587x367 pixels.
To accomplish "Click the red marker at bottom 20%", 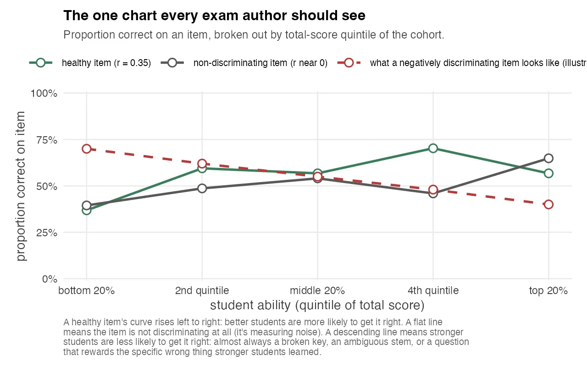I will [x=86, y=149].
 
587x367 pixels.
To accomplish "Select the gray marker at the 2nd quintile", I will [x=202, y=188].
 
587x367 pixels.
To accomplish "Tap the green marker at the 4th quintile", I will [x=433, y=148].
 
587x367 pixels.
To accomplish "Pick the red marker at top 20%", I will [x=548, y=204].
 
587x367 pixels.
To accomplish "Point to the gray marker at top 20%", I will [x=548, y=158].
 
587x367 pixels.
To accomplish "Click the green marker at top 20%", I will [x=548, y=173].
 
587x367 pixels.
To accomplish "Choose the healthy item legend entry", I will [x=106, y=63].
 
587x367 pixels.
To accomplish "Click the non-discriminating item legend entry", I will [x=260, y=63].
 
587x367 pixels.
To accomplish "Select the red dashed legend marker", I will [x=349, y=63].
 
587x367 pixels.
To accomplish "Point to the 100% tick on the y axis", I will [x=44, y=94].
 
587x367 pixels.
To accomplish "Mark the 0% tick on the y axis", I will [x=49, y=279].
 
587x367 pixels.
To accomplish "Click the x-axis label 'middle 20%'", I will [x=317, y=291].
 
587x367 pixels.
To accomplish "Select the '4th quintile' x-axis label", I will [x=433, y=291].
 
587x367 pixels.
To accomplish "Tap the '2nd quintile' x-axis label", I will [x=202, y=291].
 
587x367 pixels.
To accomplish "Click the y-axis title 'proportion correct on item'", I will [x=22, y=186].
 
